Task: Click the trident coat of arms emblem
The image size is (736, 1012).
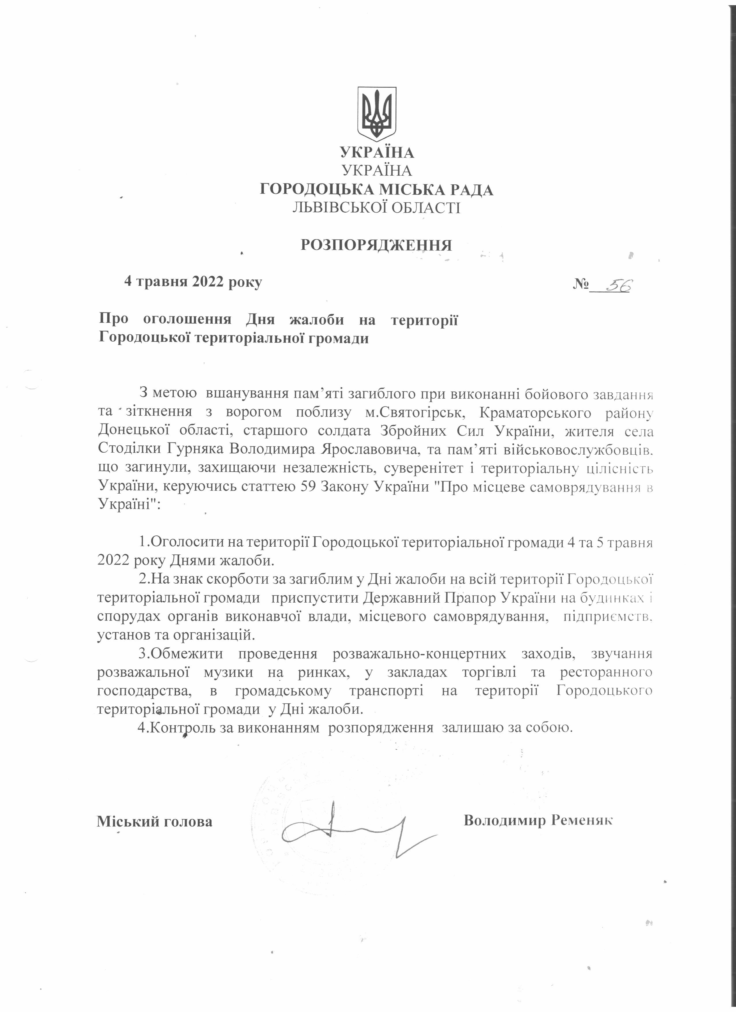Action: (x=376, y=114)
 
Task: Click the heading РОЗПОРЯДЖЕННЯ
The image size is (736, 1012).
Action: (x=376, y=245)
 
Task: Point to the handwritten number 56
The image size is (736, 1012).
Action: (x=618, y=285)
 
